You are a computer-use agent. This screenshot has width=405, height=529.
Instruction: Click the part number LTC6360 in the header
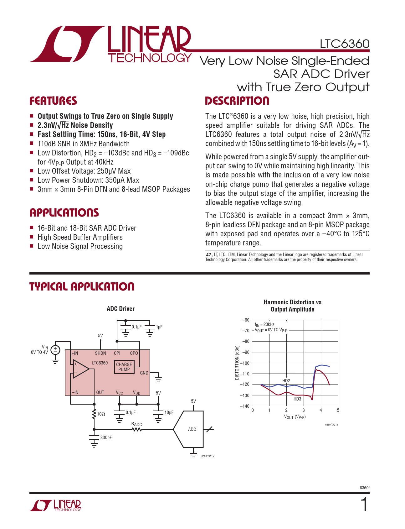point(344,44)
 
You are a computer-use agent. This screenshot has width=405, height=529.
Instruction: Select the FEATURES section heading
point(53,101)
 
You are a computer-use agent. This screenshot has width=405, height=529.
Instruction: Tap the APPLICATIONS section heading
point(64,213)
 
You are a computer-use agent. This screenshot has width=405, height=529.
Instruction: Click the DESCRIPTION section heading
point(237,101)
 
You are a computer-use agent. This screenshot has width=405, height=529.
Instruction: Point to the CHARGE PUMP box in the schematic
point(124,367)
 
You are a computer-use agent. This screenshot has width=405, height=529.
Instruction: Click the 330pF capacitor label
point(106,437)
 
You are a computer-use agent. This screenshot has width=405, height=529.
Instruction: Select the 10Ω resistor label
point(101,414)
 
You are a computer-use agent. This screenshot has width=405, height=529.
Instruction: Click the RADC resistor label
point(136,424)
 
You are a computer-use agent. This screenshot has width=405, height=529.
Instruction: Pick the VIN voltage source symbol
point(55,349)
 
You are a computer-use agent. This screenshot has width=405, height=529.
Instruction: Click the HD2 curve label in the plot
point(286,381)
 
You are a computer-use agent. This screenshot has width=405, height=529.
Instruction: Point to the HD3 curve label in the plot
point(297,399)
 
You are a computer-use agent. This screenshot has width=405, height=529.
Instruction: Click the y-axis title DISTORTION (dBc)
point(237,363)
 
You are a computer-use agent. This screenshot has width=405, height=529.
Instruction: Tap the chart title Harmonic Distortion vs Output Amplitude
point(292,306)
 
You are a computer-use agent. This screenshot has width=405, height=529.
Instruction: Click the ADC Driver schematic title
point(120,309)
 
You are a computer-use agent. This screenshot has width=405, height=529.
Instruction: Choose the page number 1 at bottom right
point(364,505)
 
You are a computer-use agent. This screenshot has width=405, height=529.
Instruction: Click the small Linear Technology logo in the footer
point(55,505)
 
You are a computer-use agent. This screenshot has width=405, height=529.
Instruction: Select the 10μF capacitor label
point(169,413)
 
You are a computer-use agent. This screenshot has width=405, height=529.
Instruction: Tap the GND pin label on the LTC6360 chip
point(144,373)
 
